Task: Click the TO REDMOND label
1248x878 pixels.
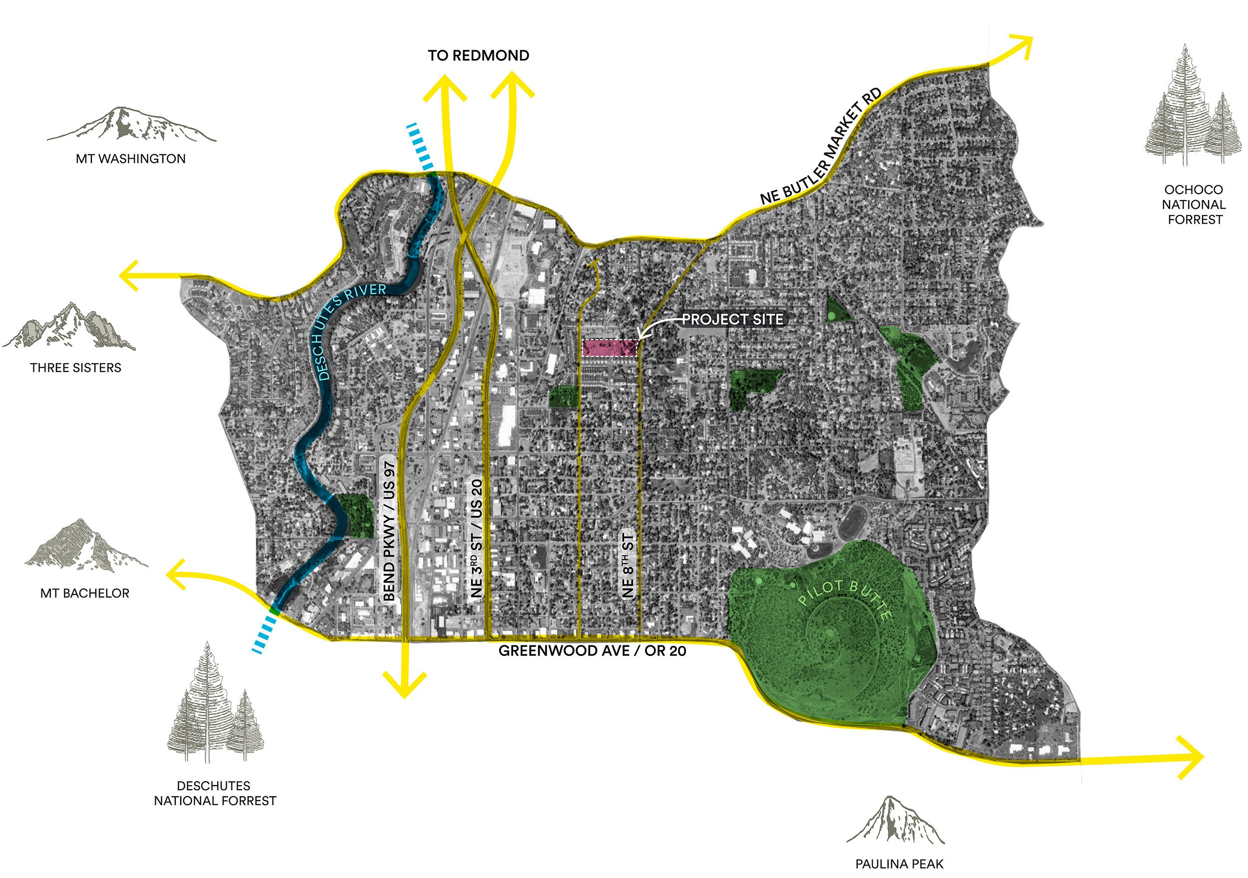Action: coord(478,55)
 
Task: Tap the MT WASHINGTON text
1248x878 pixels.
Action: coord(130,159)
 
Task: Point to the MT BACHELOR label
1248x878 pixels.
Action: coord(85,593)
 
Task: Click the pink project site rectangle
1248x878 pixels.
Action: coord(610,348)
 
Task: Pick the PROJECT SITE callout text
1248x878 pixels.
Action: coord(732,319)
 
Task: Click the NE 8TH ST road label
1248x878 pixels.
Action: coord(628,566)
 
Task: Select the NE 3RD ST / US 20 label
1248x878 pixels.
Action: coord(477,538)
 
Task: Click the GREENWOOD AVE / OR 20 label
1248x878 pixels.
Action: coord(592,651)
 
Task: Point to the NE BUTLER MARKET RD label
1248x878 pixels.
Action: coord(821,147)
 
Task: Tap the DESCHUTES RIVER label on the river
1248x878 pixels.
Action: coord(348,326)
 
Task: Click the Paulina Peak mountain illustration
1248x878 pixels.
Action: coord(895,822)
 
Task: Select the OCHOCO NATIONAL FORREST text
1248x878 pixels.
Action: coord(1194,205)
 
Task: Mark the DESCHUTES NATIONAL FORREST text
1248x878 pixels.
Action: coord(215,793)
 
